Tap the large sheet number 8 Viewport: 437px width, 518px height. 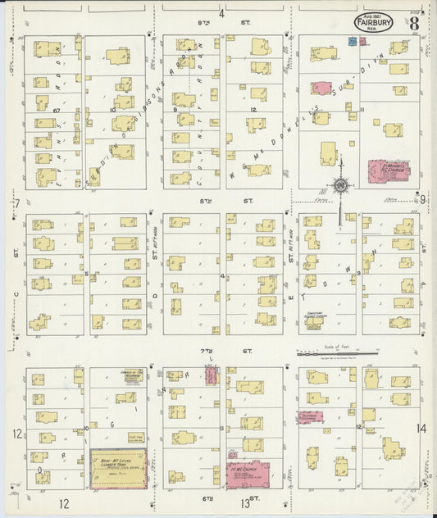tap(414, 23)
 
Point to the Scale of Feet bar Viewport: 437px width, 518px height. tap(337, 354)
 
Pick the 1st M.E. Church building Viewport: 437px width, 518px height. tap(248, 475)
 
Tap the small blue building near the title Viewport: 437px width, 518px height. tap(353, 39)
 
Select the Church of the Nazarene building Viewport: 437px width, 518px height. tap(134, 376)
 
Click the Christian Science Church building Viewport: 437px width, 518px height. tap(314, 322)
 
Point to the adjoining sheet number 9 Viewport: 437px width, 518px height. tap(422, 198)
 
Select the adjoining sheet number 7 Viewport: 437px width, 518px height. tap(16, 202)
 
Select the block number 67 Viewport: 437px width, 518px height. tap(57, 109)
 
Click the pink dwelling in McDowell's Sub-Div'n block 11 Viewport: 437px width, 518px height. tap(321, 88)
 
